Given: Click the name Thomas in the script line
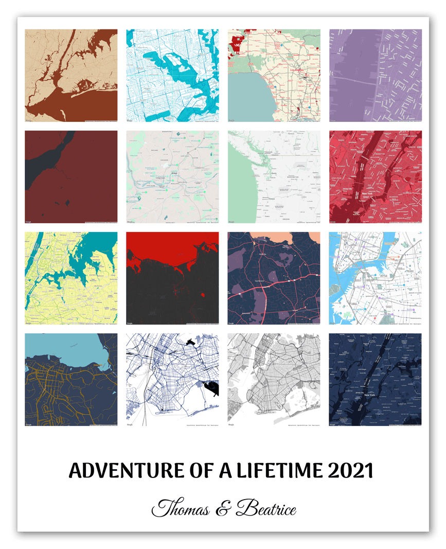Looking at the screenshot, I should tap(181, 509).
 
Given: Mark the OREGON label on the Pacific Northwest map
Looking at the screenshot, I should tap(286, 219).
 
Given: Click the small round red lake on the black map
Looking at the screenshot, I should tap(203, 295).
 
